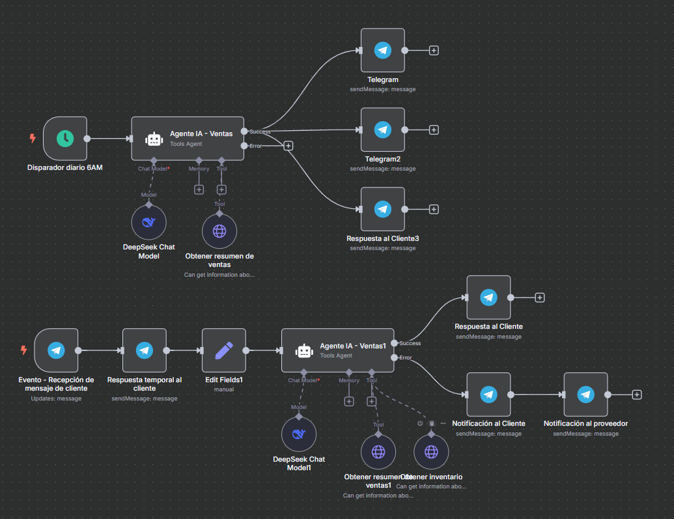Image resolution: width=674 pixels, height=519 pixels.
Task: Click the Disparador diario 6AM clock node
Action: [x=65, y=138]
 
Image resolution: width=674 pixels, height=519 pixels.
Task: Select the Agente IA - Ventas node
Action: [x=188, y=138]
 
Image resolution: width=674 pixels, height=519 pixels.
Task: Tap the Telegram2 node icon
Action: [x=383, y=130]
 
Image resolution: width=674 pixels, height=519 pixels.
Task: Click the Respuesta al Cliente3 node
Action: [x=383, y=209]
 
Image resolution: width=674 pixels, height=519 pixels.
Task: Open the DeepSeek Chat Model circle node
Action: [x=149, y=222]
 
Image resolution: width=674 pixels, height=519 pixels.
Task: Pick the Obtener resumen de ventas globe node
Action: [x=219, y=231]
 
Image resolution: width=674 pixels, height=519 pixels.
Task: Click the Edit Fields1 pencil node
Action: [x=224, y=350]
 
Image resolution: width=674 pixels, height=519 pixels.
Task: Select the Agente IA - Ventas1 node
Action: [x=337, y=350]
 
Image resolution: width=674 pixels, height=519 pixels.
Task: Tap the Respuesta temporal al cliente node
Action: [x=145, y=350]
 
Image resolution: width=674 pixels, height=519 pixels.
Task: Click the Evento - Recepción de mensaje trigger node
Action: [x=56, y=350]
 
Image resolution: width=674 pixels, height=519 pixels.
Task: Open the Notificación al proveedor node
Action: [x=585, y=395]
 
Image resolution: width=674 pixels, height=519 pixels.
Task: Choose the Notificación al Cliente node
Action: [x=488, y=395]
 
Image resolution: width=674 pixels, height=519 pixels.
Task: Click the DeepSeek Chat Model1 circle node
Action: [x=299, y=434]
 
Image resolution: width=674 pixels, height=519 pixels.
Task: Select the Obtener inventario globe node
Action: [x=431, y=451]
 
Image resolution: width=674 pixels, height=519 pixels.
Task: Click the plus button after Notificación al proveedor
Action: [x=637, y=395]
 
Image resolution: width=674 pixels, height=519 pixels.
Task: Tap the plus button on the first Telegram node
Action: [x=434, y=50]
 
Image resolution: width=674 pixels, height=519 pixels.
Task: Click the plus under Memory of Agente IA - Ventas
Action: [x=199, y=189]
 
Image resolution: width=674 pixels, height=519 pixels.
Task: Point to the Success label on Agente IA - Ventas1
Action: [x=410, y=343]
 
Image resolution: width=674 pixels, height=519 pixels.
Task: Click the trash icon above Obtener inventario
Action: [x=431, y=423]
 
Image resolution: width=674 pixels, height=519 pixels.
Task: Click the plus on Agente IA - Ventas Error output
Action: [x=288, y=146]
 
